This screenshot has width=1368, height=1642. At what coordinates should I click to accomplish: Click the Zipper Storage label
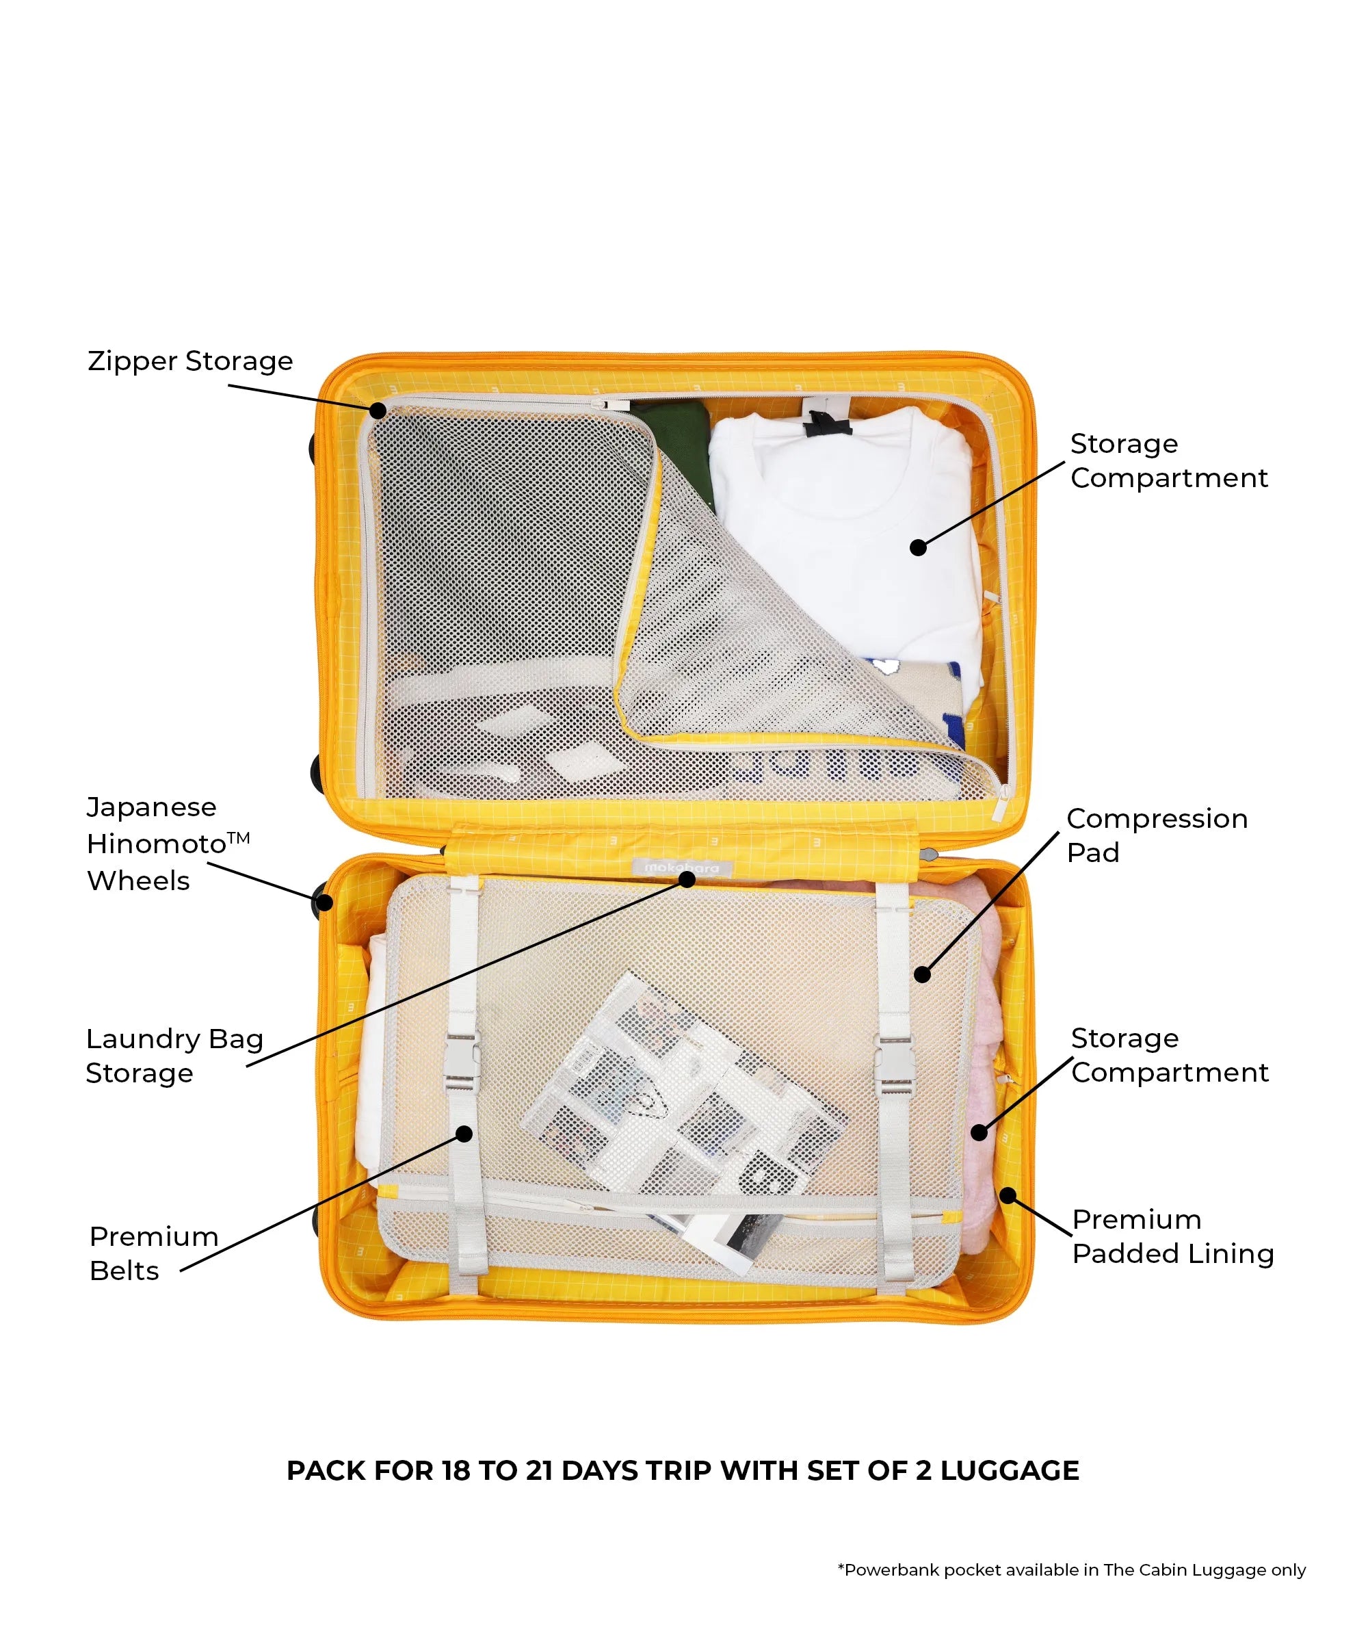(x=190, y=361)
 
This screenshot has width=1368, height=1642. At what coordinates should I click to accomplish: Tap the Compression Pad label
(x=1156, y=835)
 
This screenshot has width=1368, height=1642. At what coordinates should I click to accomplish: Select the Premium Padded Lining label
(x=1172, y=1236)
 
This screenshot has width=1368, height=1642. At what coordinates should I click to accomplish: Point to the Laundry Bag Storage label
(x=174, y=1056)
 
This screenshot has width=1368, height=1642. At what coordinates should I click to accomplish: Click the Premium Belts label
(x=153, y=1253)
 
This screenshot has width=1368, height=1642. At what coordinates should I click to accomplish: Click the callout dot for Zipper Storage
(x=378, y=410)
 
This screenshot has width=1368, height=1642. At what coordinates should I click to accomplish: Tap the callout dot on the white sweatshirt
(x=919, y=547)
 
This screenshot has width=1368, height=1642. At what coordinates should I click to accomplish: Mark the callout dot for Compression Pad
(x=923, y=974)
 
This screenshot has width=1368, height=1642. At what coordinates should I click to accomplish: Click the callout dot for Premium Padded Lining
(x=1008, y=1195)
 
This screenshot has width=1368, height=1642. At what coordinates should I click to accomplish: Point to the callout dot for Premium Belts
(x=464, y=1133)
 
